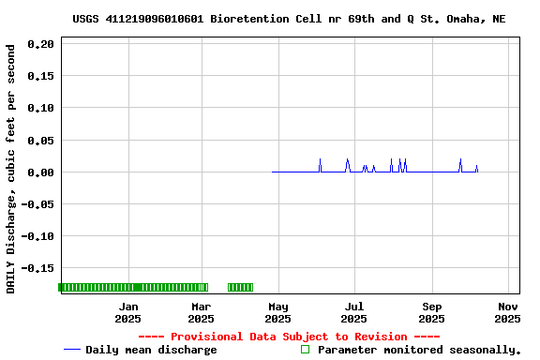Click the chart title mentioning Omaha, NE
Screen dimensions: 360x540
pos(289,19)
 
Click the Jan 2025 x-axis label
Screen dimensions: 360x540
pos(127,312)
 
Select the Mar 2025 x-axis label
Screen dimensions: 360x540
pos(201,312)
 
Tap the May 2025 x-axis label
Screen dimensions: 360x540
pos(277,312)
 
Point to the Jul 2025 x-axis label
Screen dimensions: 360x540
pos(353,312)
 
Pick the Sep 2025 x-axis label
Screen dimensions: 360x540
pos(431,312)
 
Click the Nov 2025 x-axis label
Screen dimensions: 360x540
pos(507,312)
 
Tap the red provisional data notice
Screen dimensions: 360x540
pos(289,337)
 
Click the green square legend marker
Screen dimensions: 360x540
pos(305,350)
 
